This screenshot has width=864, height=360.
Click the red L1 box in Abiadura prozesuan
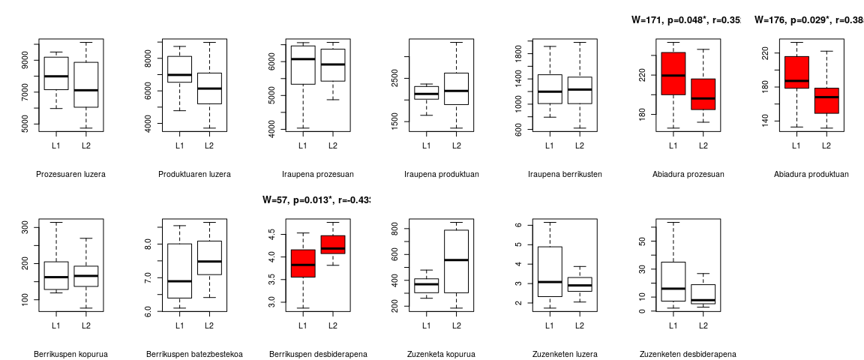tap(673, 73)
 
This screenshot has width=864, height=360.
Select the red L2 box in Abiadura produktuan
tap(826, 100)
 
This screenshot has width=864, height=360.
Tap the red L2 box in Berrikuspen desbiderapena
tap(332, 244)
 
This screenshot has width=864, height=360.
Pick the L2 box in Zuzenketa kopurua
tap(456, 261)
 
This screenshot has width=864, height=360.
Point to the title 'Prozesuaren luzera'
tap(70, 175)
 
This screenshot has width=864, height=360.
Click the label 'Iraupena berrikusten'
tap(565, 175)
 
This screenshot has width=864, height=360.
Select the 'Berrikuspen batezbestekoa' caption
tap(194, 355)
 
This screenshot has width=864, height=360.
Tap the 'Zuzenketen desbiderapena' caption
tap(688, 355)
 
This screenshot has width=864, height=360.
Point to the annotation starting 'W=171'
tap(685, 20)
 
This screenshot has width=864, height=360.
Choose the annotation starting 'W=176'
tap(808, 20)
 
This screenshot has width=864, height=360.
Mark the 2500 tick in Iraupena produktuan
tap(395, 77)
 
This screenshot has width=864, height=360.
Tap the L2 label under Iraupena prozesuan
tap(332, 145)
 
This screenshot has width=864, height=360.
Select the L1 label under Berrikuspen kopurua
tap(56, 325)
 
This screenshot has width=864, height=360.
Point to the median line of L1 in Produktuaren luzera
tap(179, 75)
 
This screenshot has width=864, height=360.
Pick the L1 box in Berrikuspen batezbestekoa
tap(179, 271)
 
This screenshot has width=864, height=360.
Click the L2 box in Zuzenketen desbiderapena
tap(703, 294)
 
